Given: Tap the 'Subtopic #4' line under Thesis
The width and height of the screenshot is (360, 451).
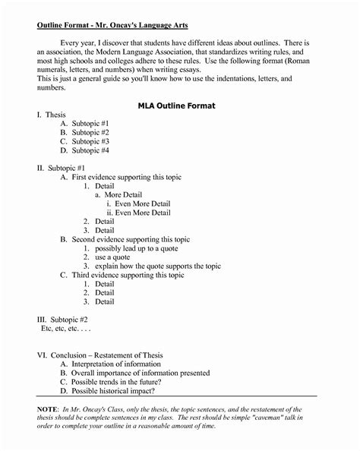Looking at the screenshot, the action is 99,150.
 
